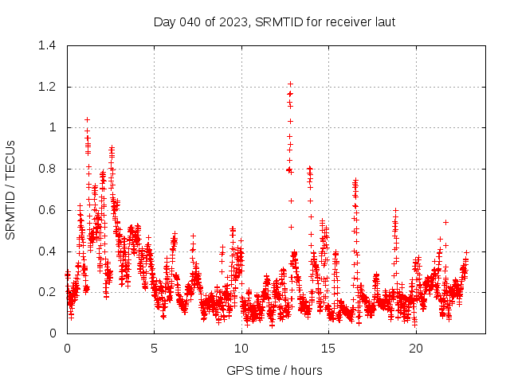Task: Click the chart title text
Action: (x=274, y=21)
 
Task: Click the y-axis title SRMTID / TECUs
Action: (x=10, y=189)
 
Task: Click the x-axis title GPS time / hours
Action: (x=274, y=370)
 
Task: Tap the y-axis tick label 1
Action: (x=53, y=127)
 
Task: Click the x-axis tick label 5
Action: (x=155, y=349)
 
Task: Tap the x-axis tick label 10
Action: (x=241, y=349)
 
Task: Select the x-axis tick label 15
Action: (x=328, y=349)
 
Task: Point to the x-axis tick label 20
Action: (x=416, y=349)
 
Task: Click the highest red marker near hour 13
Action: (x=291, y=84)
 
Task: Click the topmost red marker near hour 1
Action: (x=87, y=119)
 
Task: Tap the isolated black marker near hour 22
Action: (x=446, y=222)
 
